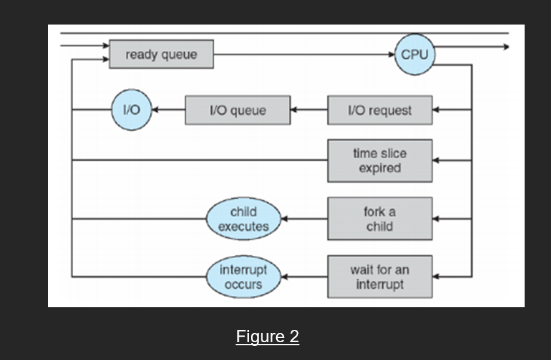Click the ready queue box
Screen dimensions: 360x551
161,55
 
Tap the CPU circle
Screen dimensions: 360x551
414,55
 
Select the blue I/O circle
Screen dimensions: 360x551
131,110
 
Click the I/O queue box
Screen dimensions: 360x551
237,110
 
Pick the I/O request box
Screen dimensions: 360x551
379,110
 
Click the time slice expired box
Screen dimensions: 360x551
379,161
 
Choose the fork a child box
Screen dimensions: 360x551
379,219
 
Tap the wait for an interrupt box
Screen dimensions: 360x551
379,277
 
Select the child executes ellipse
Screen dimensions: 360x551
244,219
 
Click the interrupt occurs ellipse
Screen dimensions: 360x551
243,277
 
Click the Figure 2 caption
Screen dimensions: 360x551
268,337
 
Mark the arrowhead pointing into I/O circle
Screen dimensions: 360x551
155,110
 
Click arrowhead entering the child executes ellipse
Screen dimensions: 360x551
284,219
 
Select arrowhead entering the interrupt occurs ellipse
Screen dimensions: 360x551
284,277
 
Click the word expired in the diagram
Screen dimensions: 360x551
379,168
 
